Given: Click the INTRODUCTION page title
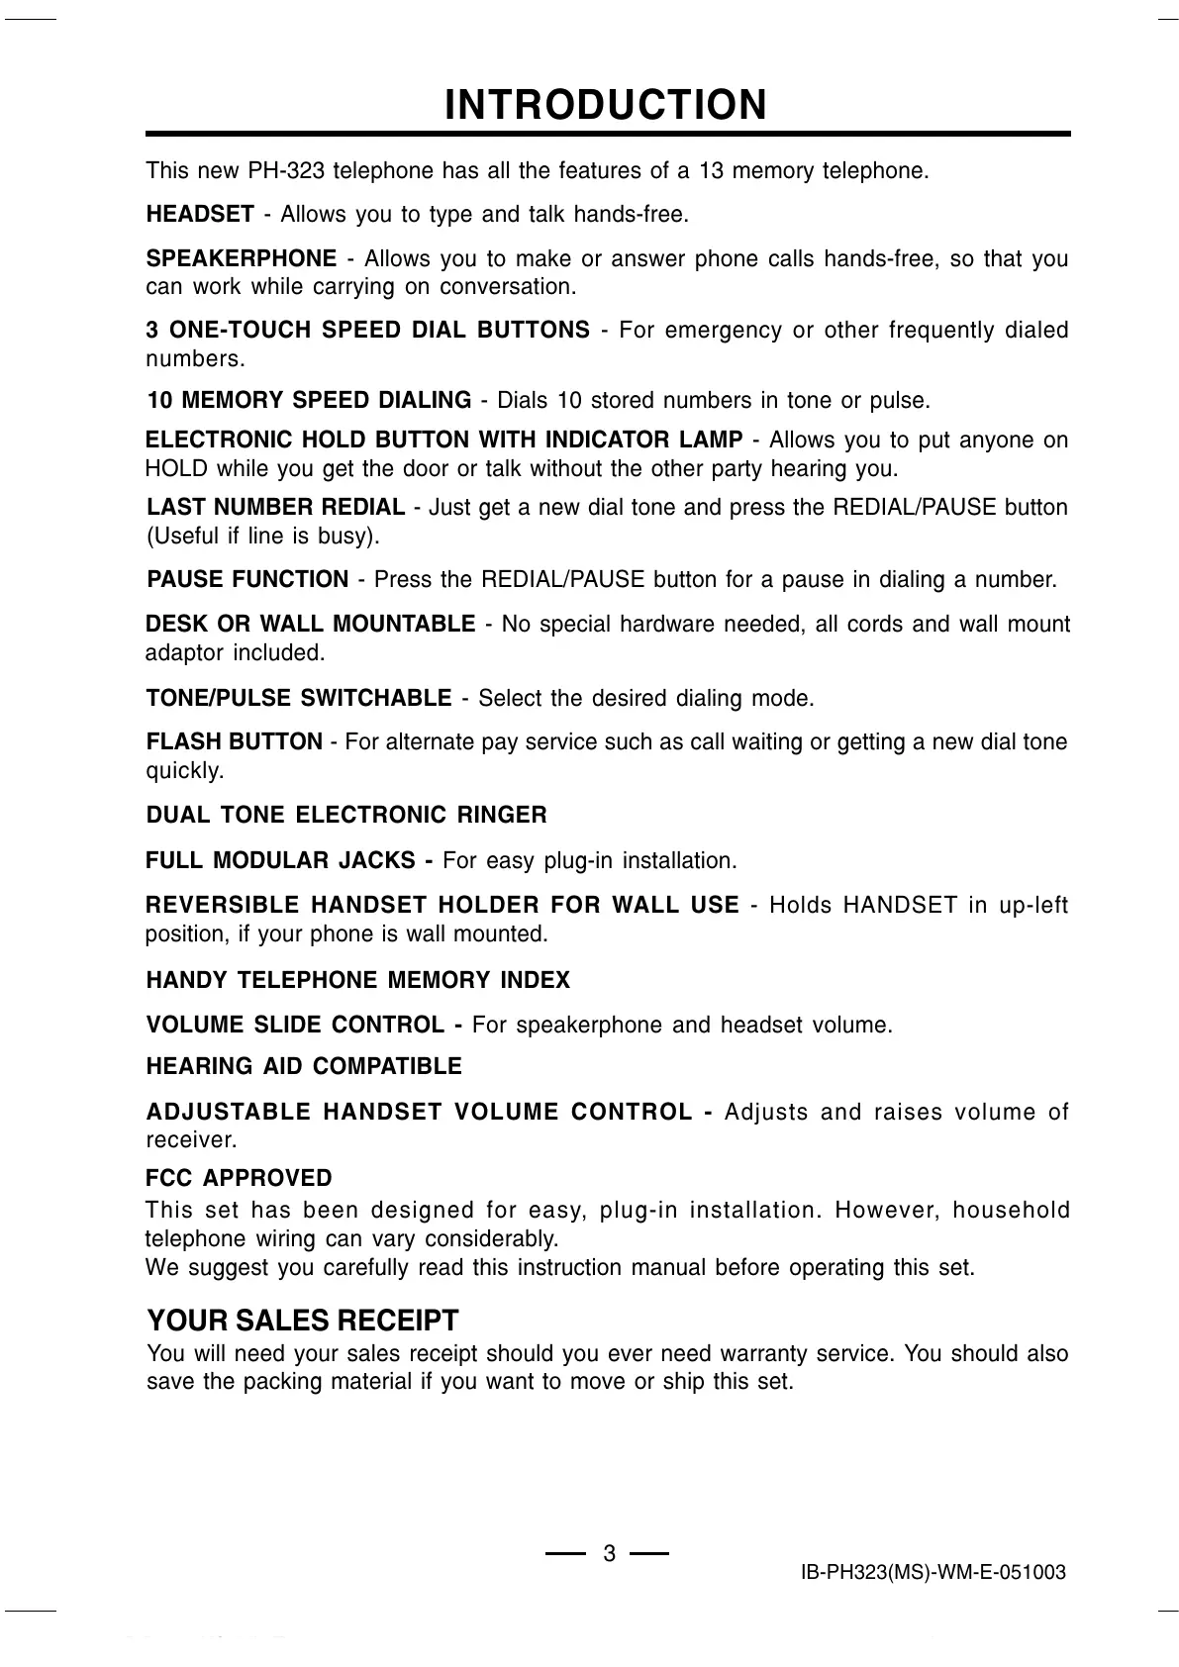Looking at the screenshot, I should pos(606,105).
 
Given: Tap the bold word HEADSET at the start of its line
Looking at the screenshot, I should pos(200,215).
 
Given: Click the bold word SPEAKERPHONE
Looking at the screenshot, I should pos(242,259).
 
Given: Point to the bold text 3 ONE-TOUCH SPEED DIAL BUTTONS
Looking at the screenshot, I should pos(368,331).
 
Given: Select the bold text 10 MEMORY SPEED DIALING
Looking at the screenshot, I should pos(309,401).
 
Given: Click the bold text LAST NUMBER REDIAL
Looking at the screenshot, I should pos(275,508).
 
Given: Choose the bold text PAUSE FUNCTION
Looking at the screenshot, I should pos(247,579).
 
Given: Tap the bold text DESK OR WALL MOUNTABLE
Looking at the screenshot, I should pos(310,625).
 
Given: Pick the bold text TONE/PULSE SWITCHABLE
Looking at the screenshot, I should pos(299,699).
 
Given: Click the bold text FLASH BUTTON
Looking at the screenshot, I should pos(235,741).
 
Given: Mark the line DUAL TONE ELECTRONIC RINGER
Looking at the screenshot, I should pos(346,816).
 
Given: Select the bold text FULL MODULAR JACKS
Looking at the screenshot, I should pos(281,861).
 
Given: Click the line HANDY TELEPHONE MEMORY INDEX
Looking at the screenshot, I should pos(358,981).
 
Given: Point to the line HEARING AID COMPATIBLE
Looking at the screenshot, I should pos(304,1067).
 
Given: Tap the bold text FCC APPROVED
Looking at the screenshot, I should pos(239,1179).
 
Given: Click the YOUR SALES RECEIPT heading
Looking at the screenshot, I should pos(303,1322).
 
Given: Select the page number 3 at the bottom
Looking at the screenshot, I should pos(609,1554).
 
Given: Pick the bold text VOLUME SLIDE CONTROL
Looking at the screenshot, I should pos(296,1025).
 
